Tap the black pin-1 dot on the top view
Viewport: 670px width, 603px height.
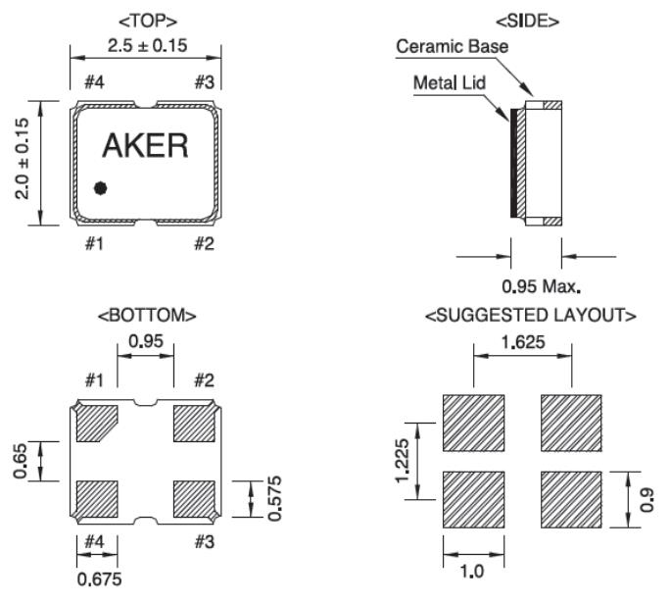tap(100, 188)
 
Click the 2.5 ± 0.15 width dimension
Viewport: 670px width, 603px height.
tap(146, 44)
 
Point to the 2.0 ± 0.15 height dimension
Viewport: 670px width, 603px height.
tap(22, 162)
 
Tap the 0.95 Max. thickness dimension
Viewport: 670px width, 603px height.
tap(541, 287)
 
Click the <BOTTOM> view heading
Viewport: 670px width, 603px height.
tap(147, 316)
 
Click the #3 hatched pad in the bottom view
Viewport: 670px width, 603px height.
tap(193, 497)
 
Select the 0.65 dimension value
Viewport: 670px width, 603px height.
tap(22, 460)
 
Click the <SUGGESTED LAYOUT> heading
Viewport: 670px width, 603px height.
tap(531, 316)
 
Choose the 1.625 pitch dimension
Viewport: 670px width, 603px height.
tap(522, 344)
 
